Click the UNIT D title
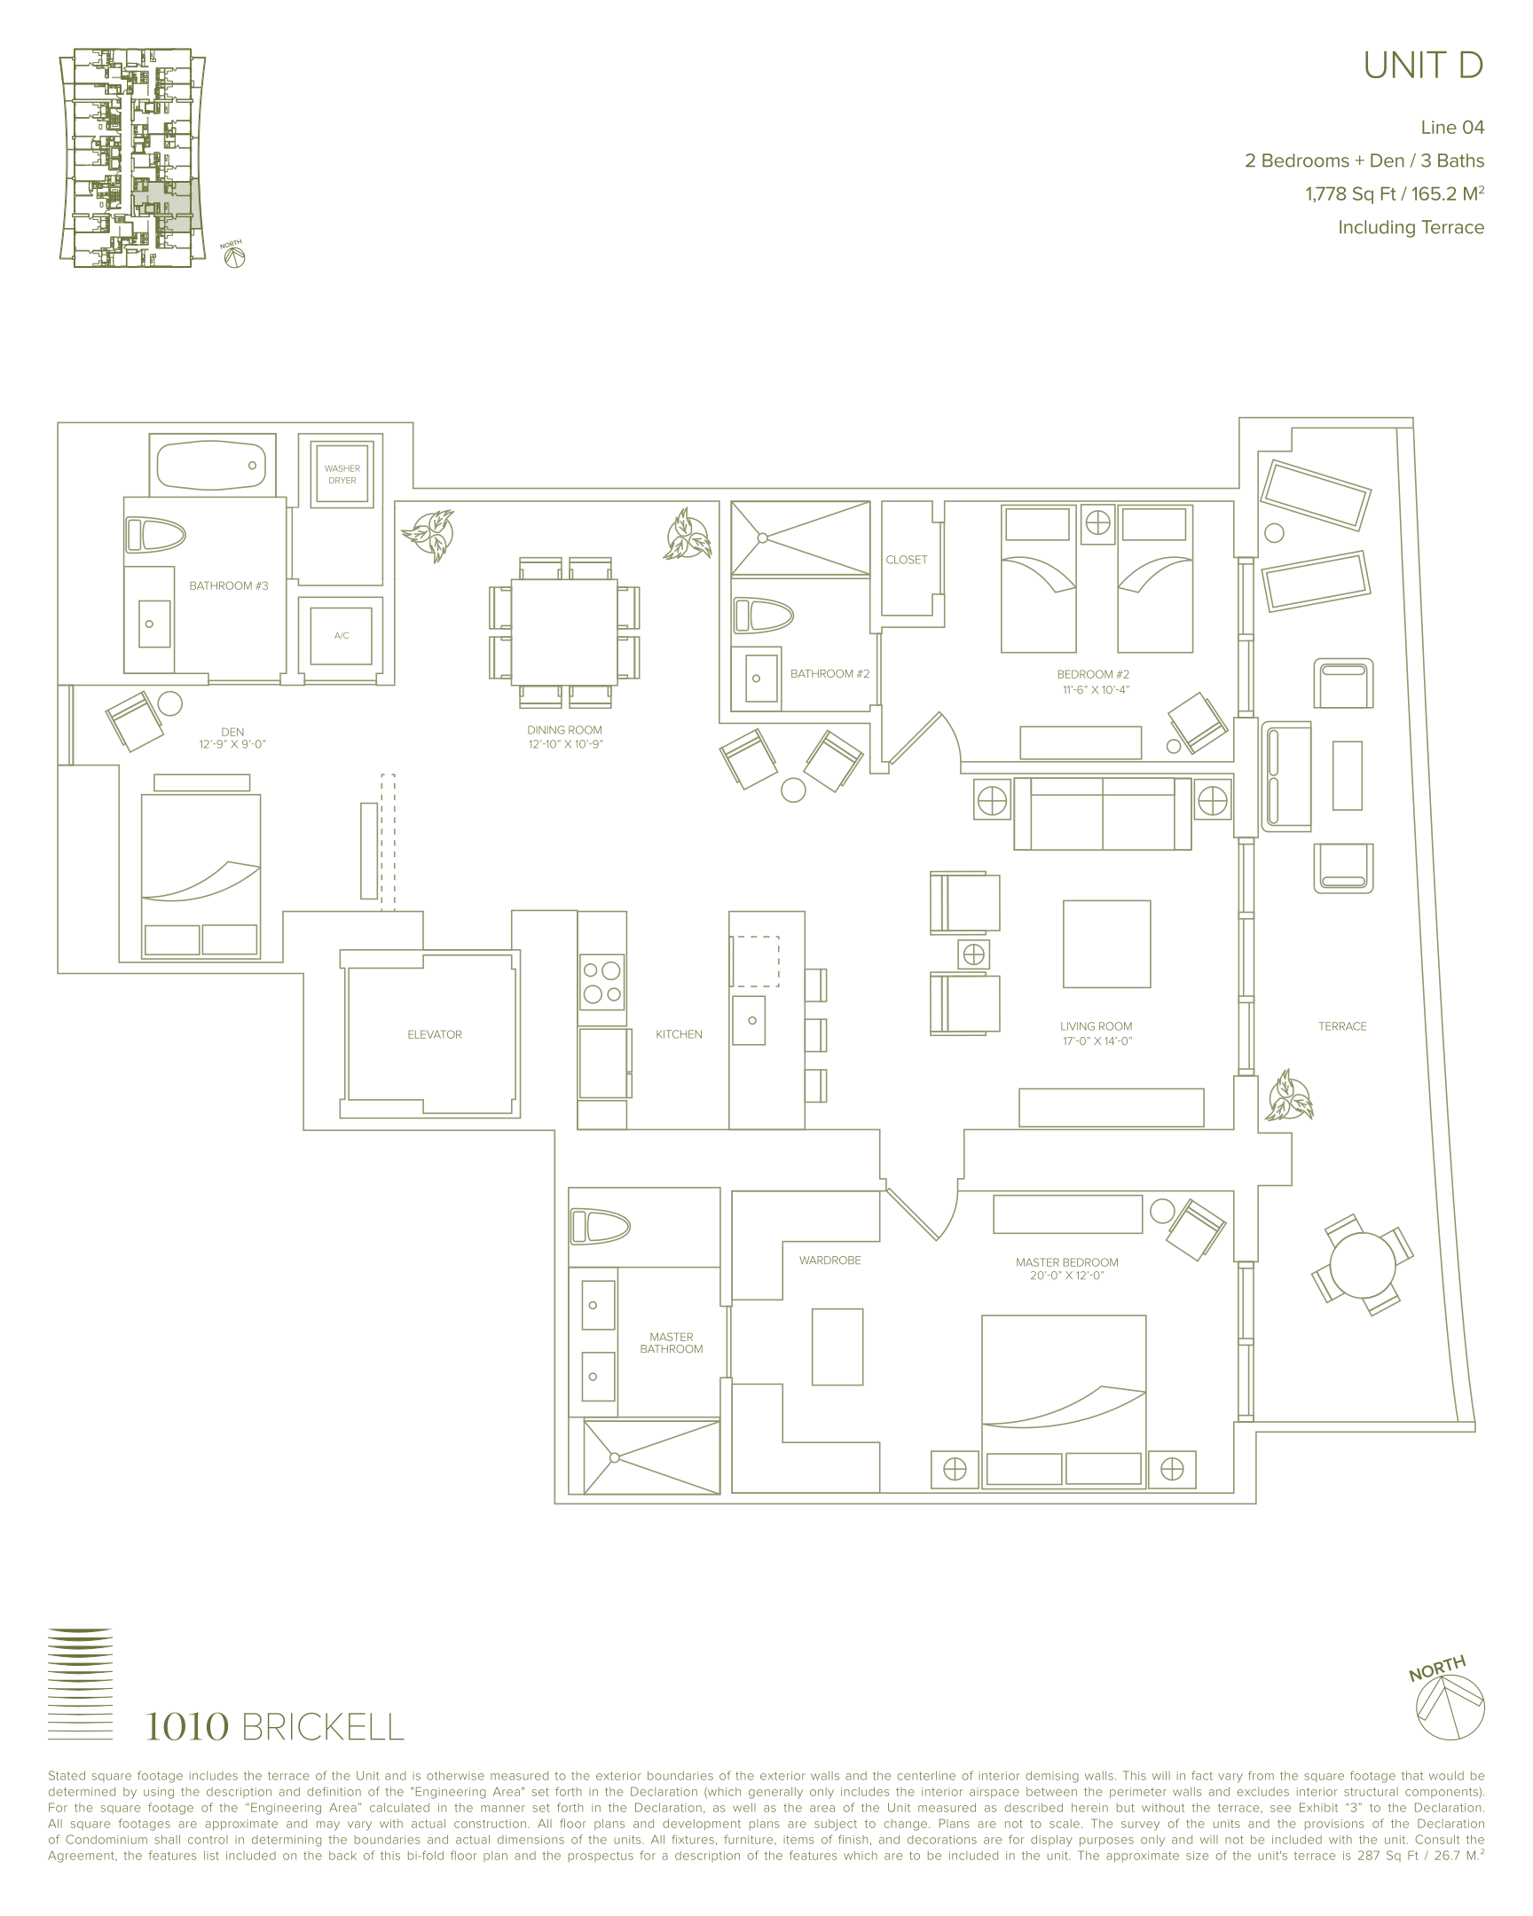click(x=1423, y=66)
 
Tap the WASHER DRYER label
click(x=342, y=475)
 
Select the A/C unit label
click(x=342, y=635)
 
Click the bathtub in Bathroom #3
click(x=211, y=466)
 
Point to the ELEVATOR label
click(x=435, y=1034)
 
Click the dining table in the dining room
click(x=564, y=632)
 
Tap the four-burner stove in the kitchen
click(x=602, y=981)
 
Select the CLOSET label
click(x=907, y=560)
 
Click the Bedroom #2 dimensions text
click(x=1096, y=689)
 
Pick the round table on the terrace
click(x=1363, y=1265)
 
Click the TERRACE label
click(x=1342, y=1026)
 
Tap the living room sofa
click(x=1102, y=813)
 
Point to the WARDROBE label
click(x=830, y=1260)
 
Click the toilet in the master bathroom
click(x=600, y=1228)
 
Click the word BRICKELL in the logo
click(x=323, y=1728)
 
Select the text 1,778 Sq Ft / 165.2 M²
click(x=1395, y=193)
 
